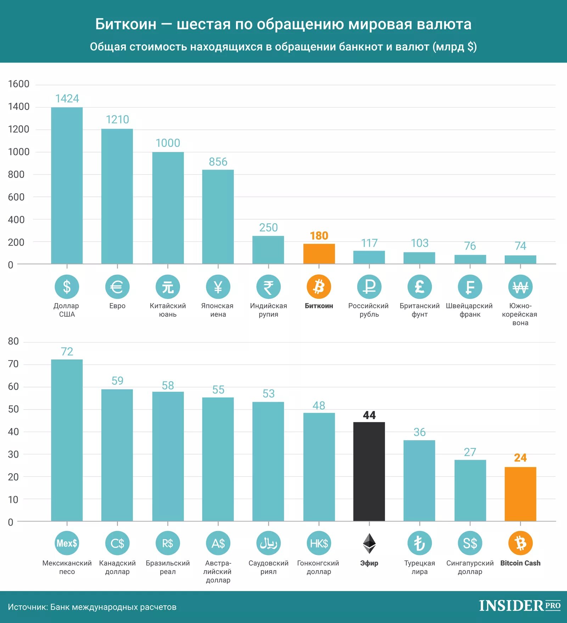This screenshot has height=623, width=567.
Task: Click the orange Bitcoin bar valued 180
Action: tap(319, 254)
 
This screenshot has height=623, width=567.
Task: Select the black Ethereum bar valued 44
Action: tap(369, 471)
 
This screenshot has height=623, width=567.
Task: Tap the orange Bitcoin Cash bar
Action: tap(520, 494)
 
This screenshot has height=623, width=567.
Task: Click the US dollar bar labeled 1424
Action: tap(67, 185)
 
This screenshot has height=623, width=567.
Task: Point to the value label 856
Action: tap(218, 162)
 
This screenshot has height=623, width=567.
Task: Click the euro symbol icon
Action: tap(117, 287)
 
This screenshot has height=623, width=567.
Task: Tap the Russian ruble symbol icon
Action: tap(369, 287)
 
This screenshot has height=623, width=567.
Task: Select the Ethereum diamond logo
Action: tap(369, 543)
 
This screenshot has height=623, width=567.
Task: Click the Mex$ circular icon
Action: tap(67, 543)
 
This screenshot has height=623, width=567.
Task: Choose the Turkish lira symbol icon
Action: tap(420, 543)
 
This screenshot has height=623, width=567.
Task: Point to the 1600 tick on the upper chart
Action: tap(19, 84)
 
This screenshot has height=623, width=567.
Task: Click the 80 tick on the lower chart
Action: tap(13, 341)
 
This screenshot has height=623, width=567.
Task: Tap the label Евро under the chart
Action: tap(117, 306)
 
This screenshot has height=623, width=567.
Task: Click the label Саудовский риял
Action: tap(268, 567)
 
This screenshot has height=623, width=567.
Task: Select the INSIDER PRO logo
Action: tap(520, 606)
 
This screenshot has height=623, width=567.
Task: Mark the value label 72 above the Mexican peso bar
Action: tap(67, 351)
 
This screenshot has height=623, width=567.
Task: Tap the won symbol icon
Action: tap(520, 287)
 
